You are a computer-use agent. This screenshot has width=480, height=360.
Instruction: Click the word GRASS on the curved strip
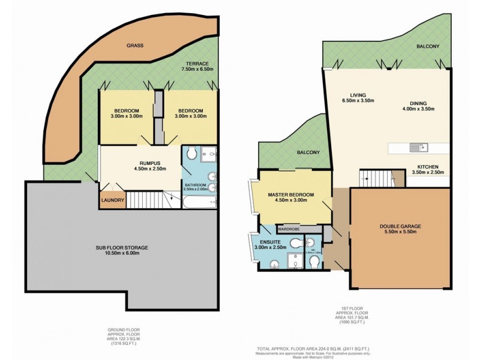click(x=134, y=46)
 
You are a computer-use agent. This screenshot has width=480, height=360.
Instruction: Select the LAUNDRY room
click(x=112, y=200)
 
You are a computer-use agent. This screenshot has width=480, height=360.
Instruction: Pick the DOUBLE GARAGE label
click(x=400, y=230)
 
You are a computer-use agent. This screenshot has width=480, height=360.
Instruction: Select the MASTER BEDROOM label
click(x=291, y=197)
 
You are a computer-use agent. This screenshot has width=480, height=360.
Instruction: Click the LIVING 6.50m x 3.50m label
click(x=362, y=98)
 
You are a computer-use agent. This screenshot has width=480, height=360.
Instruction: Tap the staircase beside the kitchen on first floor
click(x=374, y=178)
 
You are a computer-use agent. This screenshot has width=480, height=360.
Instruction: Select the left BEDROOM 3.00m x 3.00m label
click(x=127, y=114)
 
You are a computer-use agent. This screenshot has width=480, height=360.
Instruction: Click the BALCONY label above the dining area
click(x=428, y=46)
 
